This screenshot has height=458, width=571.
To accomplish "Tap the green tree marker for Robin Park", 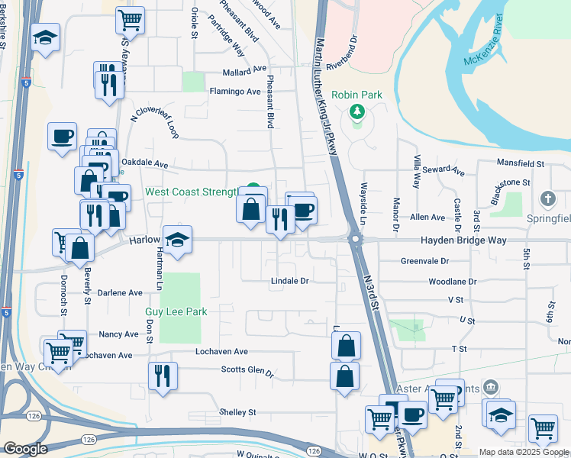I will pos(356,113).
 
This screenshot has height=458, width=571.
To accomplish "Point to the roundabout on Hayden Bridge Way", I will pos(356,240).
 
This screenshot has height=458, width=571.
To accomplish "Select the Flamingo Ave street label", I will pos(235,92).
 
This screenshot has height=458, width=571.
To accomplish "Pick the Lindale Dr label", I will pos(289,281).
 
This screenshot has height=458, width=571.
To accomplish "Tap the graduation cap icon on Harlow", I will pos(177,238).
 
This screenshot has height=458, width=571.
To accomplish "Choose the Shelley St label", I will pos(237,412).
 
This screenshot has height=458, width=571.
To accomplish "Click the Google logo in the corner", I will pos(25,449).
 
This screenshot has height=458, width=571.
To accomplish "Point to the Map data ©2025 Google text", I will pos(524,452).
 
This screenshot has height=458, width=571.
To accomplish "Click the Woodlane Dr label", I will pos(453,281).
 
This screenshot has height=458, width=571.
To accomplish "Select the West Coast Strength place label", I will pos(191,192).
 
